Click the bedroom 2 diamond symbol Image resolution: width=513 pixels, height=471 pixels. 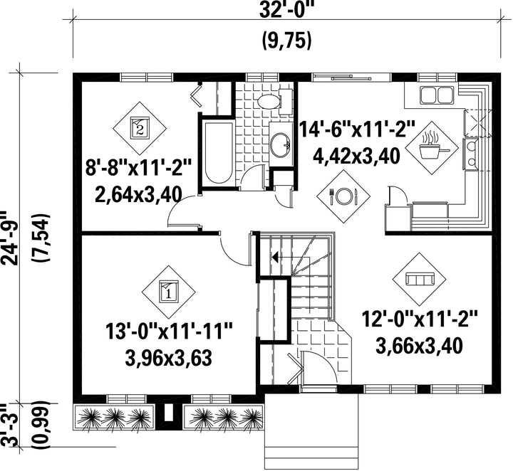coord(140,128)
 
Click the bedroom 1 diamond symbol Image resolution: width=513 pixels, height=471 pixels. coord(168,292)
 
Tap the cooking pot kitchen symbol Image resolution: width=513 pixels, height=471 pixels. coord(432,149)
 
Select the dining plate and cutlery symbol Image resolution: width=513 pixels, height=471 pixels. coord(343,196)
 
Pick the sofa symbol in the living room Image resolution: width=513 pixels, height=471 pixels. coord(420,280)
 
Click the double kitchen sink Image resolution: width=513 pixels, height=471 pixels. coord(437,95)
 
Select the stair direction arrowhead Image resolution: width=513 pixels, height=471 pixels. coord(275,258)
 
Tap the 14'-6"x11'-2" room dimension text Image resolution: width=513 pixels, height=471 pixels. coord(357,129)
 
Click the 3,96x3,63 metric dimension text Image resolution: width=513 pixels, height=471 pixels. coord(168,358)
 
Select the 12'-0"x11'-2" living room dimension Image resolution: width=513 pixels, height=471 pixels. coord(420,319)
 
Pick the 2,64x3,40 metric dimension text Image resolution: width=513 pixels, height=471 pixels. coord(138,195)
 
